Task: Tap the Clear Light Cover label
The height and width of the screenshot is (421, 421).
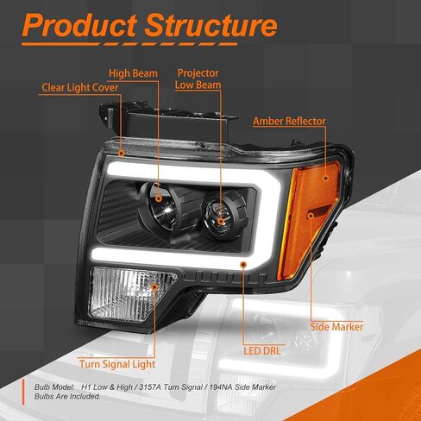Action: pos(80,87)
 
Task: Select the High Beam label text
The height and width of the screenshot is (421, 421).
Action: pos(133,73)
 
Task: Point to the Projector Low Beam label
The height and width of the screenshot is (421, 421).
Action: pos(198,79)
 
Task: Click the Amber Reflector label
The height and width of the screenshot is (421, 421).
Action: pos(289,121)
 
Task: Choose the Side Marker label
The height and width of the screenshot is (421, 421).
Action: pos(336,327)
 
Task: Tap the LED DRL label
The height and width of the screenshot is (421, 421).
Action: pos(262,351)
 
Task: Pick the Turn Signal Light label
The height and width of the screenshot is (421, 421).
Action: pos(117,364)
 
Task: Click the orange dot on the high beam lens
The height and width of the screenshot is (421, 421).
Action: pos(159,198)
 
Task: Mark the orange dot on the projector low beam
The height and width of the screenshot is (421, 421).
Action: pos(221,221)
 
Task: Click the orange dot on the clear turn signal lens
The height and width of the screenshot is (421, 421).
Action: pos(154,286)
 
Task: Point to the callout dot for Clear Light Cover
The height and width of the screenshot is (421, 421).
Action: pos(122,153)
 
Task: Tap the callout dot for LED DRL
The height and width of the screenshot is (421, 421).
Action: pos(244,264)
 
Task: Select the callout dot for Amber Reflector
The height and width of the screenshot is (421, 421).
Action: pos(326,178)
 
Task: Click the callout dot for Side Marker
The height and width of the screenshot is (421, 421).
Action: pos(311,215)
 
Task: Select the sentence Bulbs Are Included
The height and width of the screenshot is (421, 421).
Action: pos(67,397)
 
